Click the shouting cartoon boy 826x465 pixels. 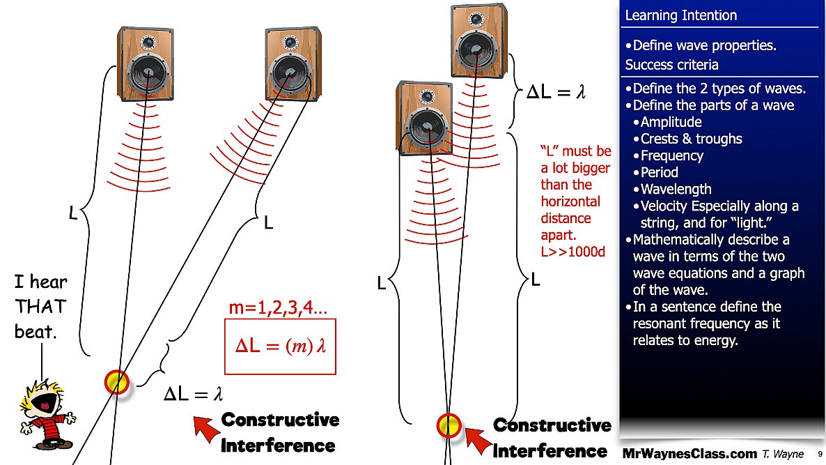pyautogui.click(x=47, y=415)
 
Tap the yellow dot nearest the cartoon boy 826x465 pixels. pyautogui.click(x=117, y=382)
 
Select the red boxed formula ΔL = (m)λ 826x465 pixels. pyautogui.click(x=280, y=346)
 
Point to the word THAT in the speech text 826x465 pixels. pyautogui.click(x=40, y=306)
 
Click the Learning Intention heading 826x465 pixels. pyautogui.click(x=681, y=15)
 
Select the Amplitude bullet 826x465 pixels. pyautogui.click(x=671, y=122)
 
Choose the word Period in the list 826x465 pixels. pyautogui.click(x=659, y=172)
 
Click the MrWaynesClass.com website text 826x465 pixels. pyautogui.click(x=689, y=453)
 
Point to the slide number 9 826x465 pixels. pyautogui.click(x=820, y=454)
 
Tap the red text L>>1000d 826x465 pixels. pyautogui.click(x=573, y=252)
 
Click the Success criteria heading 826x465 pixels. pyautogui.click(x=671, y=65)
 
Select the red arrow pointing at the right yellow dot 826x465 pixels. pyautogui.click(x=478, y=440)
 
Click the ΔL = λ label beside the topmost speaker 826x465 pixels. pyautogui.click(x=556, y=92)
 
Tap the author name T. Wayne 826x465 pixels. pyautogui.click(x=783, y=454)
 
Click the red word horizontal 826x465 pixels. pyautogui.click(x=570, y=201)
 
